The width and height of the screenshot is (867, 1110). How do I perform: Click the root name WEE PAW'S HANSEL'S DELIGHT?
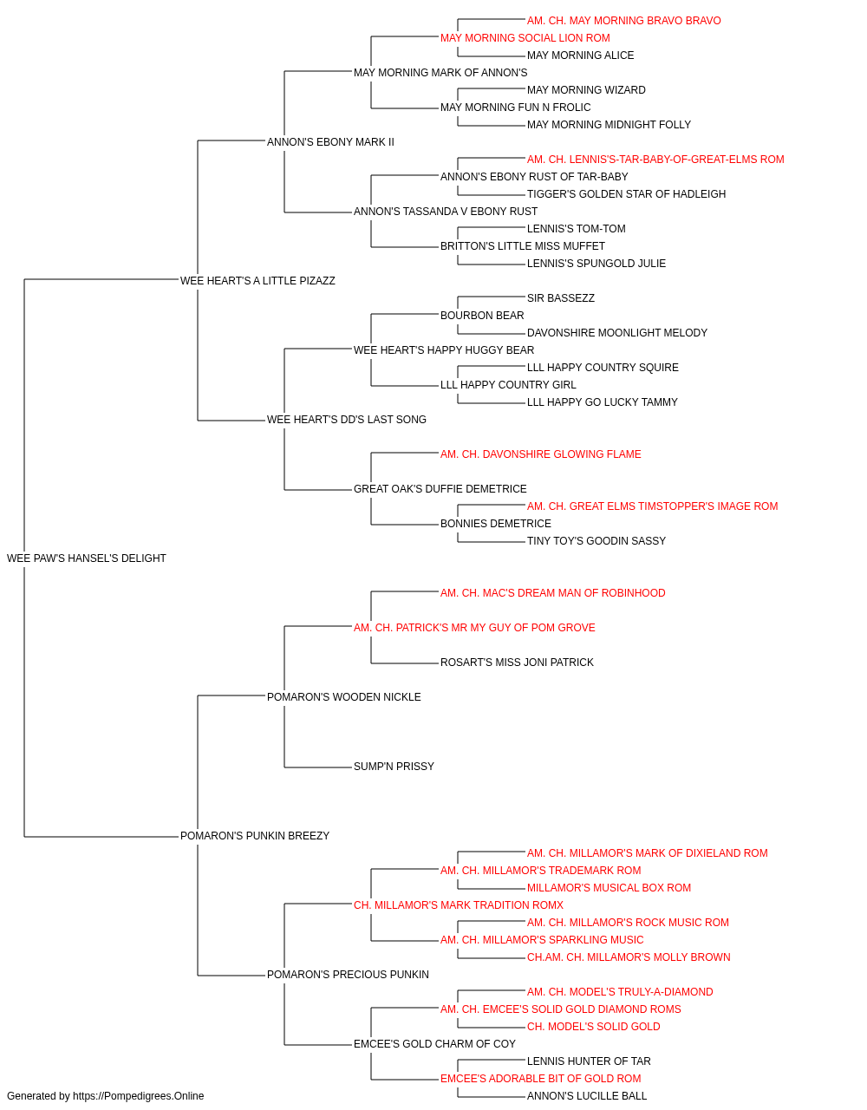pyautogui.click(x=87, y=558)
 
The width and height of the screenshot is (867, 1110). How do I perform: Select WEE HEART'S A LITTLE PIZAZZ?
pyautogui.click(x=257, y=281)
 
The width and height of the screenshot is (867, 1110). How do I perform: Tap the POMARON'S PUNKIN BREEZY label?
pyautogui.click(x=255, y=836)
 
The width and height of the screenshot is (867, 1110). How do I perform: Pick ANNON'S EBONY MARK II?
pyautogui.click(x=330, y=142)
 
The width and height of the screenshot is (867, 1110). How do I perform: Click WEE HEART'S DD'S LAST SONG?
pyautogui.click(x=346, y=420)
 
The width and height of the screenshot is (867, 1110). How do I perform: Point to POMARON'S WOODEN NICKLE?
pyautogui.click(x=343, y=696)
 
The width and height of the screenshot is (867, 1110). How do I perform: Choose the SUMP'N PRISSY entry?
pyautogui.click(x=394, y=767)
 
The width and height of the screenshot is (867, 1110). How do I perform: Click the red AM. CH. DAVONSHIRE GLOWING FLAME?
pyautogui.click(x=540, y=454)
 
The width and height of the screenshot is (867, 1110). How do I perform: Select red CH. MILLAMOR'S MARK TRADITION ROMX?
pyautogui.click(x=458, y=905)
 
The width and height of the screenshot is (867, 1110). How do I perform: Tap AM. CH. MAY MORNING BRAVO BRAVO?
pyautogui.click(x=624, y=21)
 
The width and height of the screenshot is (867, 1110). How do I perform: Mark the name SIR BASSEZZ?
pyautogui.click(x=561, y=297)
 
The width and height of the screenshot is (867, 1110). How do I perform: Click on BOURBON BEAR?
pyautogui.click(x=482, y=315)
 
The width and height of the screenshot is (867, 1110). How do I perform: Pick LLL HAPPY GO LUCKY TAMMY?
pyautogui.click(x=602, y=402)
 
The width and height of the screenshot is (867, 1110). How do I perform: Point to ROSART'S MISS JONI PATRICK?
pyautogui.click(x=517, y=662)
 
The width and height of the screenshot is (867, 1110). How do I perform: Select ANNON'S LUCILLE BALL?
pyautogui.click(x=587, y=1096)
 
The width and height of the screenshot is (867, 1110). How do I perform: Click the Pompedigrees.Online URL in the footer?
pyautogui.click(x=138, y=1096)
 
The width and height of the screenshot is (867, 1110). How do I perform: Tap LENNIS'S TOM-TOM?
pyautogui.click(x=576, y=228)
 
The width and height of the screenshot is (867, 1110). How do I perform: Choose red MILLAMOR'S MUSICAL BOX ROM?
pyautogui.click(x=609, y=888)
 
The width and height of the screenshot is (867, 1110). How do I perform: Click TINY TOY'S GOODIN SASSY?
pyautogui.click(x=596, y=540)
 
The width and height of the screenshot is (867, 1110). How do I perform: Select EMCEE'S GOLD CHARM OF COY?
pyautogui.click(x=434, y=1043)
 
